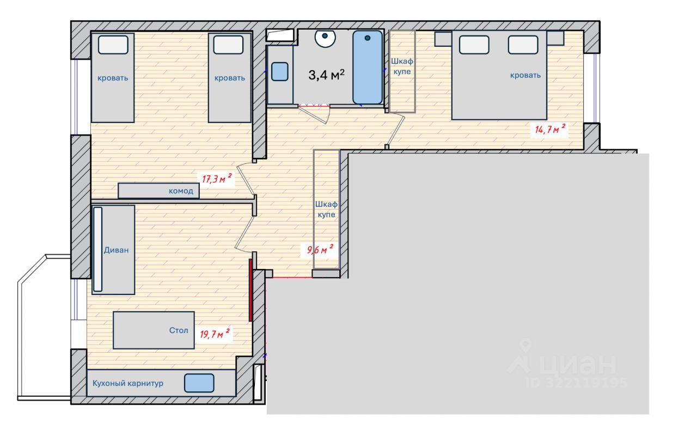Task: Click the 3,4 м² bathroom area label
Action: click(x=326, y=75)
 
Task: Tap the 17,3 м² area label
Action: click(x=217, y=179)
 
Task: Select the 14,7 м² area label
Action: click(x=550, y=128)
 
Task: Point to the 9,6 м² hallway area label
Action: click(x=320, y=249)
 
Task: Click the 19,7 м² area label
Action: click(x=215, y=334)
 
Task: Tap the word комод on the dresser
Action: click(x=181, y=191)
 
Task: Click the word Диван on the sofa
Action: click(x=116, y=250)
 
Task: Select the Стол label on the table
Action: click(x=179, y=330)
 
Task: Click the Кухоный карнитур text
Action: click(x=128, y=383)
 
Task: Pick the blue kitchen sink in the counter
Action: click(x=199, y=383)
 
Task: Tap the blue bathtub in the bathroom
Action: click(x=368, y=67)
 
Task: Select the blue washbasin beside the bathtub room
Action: click(x=280, y=71)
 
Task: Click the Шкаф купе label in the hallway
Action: click(x=326, y=210)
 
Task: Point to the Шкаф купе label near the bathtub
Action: click(x=402, y=66)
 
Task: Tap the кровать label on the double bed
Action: click(x=525, y=75)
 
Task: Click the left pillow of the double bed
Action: click(x=474, y=45)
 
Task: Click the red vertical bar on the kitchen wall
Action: click(x=250, y=290)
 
